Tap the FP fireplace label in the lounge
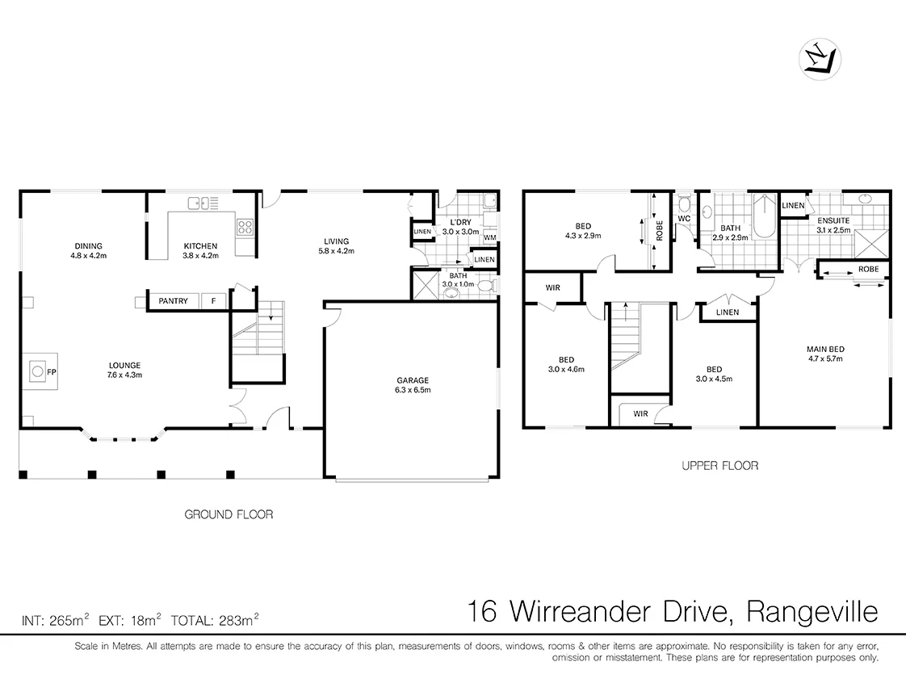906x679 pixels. [51, 372]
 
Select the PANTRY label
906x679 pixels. [173, 301]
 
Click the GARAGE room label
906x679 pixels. [412, 380]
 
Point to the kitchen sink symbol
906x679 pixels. [199, 203]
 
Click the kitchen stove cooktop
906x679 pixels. [245, 228]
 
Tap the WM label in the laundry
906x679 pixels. [489, 237]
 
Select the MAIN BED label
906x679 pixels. [824, 350]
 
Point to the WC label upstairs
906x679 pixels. [683, 219]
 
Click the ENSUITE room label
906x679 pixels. [833, 220]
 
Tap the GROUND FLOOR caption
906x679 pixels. [229, 514]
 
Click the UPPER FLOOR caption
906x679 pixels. [719, 466]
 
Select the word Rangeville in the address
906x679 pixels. [812, 612]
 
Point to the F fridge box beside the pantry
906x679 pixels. [213, 301]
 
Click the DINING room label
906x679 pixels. [88, 246]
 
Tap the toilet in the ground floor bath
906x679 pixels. [484, 286]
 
